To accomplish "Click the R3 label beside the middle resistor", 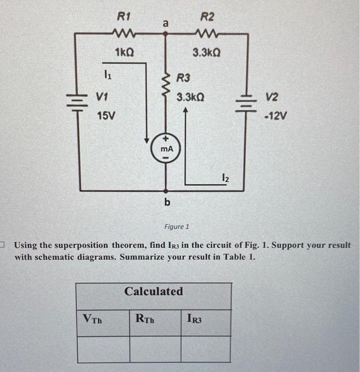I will click(183, 79).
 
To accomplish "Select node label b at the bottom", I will click(167, 202).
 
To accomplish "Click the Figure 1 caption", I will click(176, 226).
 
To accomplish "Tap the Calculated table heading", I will click(153, 291).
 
